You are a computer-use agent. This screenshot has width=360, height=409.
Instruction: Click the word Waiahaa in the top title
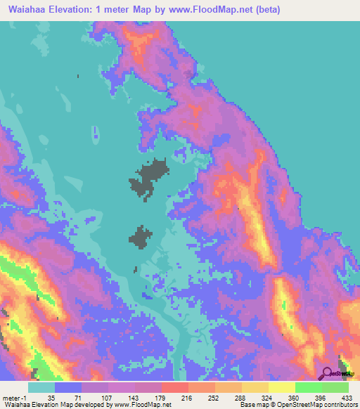[29, 9]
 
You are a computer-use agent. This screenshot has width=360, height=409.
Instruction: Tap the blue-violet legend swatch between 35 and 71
[67, 387]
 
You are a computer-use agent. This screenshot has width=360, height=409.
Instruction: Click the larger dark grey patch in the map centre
[148, 177]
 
